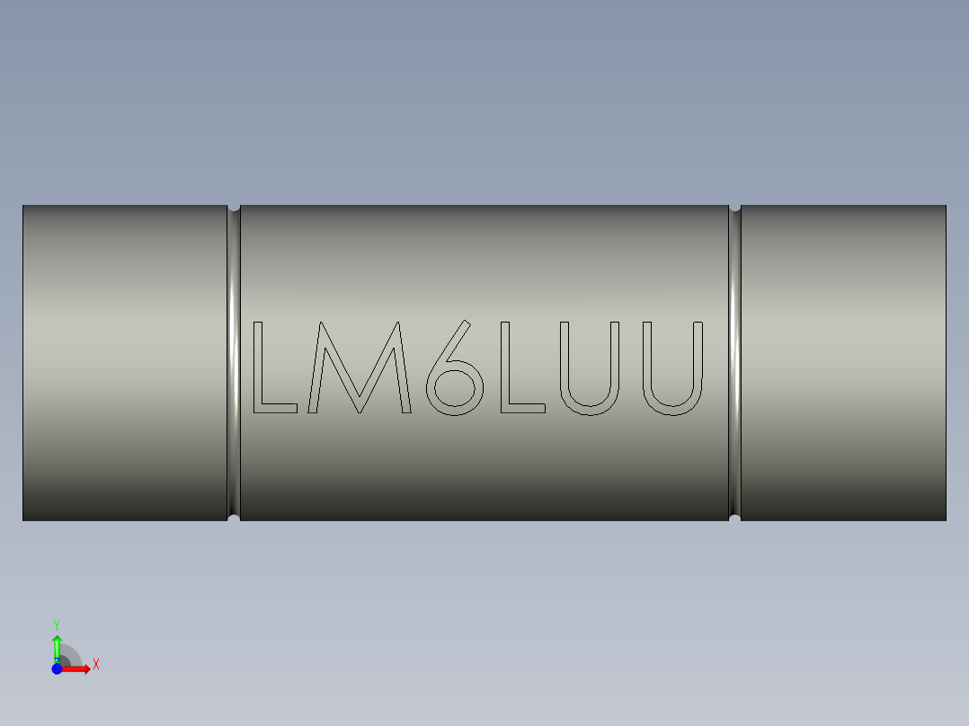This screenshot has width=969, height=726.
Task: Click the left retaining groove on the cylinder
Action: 234,359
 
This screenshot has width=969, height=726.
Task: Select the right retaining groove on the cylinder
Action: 734,359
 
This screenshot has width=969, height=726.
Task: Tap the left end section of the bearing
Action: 124,359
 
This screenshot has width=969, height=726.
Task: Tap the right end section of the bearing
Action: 843,359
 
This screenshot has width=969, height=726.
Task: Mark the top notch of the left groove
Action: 234,207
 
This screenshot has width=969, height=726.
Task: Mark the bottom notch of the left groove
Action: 234,518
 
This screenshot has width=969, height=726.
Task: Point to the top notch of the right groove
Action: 734,207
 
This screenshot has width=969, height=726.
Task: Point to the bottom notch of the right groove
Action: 734,518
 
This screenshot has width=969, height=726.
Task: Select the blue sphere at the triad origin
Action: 57,668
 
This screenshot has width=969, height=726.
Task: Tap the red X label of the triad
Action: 96,665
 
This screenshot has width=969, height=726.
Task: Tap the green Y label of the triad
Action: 57,624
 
